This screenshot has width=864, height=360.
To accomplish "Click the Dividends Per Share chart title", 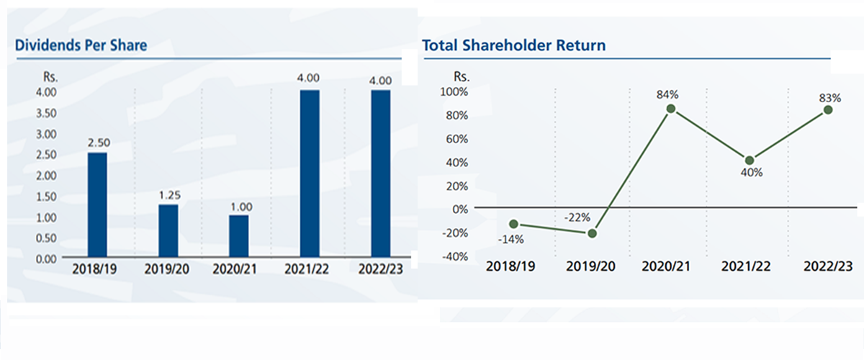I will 81,45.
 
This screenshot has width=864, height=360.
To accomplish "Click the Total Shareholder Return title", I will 513,45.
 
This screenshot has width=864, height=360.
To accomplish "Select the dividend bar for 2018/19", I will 96,204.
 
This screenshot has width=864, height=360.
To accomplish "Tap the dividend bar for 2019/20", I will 168,230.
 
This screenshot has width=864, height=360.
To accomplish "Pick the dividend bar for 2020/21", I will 238,235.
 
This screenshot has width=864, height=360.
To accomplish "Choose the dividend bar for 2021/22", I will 309,173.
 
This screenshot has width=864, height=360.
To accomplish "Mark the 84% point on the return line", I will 671,109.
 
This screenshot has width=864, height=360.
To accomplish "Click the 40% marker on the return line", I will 750,160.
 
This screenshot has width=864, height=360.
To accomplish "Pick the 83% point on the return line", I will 828,109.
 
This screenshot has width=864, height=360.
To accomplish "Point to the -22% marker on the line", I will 593,233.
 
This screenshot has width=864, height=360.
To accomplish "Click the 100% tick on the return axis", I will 454,92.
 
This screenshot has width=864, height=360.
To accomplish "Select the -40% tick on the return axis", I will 454,256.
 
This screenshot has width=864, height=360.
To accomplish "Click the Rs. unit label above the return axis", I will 461,75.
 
